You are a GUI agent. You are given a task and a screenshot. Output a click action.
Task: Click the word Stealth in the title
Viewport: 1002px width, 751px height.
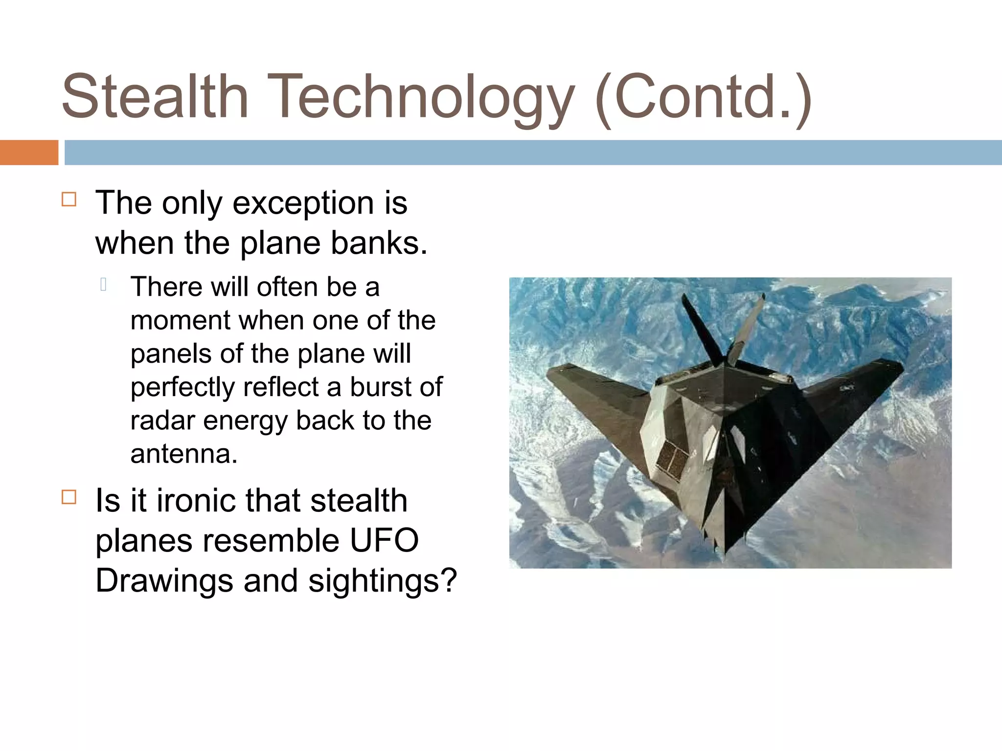tap(155, 96)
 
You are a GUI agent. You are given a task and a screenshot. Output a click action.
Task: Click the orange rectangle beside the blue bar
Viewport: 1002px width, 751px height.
tap(29, 153)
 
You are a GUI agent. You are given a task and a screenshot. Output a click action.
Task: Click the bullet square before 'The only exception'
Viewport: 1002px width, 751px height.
tap(69, 199)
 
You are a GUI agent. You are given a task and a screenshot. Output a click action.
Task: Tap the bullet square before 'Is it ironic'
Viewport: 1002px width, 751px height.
tap(69, 497)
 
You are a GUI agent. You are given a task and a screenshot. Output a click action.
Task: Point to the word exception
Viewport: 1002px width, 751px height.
tap(303, 203)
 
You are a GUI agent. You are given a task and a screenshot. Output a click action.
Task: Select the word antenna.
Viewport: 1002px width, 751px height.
tap(183, 454)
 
